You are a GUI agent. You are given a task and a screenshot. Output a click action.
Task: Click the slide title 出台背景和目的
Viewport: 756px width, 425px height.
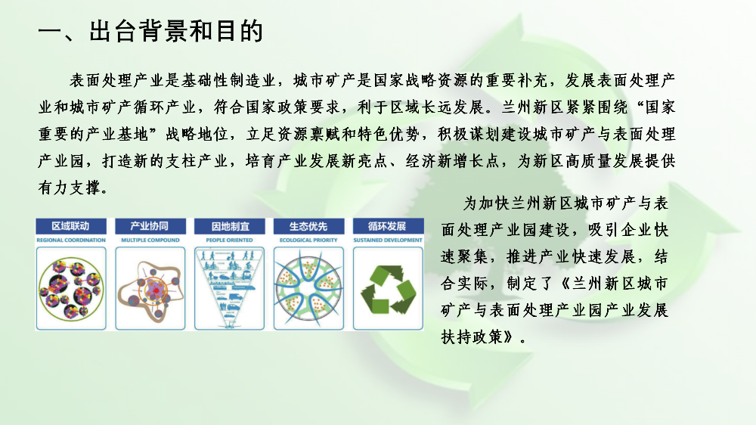[x=176, y=32]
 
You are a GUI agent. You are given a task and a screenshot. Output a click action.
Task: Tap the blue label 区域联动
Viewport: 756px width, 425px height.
[x=70, y=226]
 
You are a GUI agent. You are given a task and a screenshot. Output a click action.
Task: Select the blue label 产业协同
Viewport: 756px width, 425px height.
[x=150, y=226]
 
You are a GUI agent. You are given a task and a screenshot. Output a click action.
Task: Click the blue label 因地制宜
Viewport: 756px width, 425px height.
[x=230, y=226]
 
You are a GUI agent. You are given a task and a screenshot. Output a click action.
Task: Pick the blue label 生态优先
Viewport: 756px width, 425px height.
[x=308, y=226]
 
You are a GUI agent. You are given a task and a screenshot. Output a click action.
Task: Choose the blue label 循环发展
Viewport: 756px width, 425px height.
[x=388, y=226]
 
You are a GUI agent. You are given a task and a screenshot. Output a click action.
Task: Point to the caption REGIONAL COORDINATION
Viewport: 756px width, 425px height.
[x=71, y=240]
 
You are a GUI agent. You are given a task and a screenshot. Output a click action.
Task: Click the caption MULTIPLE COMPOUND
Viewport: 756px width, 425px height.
[x=150, y=240]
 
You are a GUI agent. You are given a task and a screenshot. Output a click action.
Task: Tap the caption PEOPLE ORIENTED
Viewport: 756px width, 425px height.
[x=230, y=240]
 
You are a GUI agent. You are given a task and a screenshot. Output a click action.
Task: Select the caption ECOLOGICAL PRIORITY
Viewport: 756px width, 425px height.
[x=308, y=240]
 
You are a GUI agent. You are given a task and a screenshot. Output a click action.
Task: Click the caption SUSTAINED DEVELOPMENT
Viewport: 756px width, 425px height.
[x=388, y=240]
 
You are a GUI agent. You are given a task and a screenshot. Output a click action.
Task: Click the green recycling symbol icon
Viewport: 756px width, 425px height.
[x=388, y=289]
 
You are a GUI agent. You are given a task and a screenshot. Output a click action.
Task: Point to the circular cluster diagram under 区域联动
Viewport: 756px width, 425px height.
[x=71, y=289]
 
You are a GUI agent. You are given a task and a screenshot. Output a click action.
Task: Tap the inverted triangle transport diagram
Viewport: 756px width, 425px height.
[x=230, y=288]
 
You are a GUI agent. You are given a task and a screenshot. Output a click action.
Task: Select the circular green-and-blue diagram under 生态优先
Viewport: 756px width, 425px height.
[x=308, y=289]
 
